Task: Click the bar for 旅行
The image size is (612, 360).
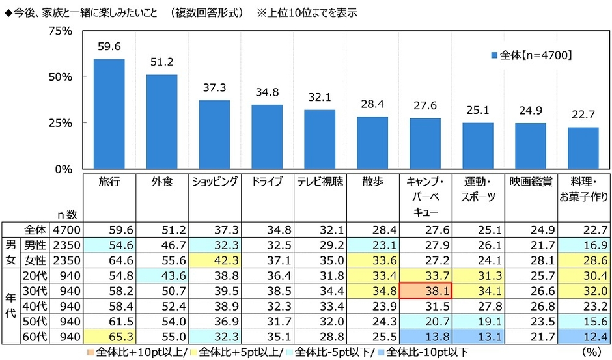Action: point(109,114)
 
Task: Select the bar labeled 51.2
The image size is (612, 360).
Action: point(161,122)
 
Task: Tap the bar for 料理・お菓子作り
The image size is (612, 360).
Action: point(583,148)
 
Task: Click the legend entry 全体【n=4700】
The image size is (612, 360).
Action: point(532,55)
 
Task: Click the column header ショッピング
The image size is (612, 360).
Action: point(214,183)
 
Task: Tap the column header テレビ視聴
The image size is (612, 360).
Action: point(320,183)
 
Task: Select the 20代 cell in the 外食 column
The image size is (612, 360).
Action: point(161,274)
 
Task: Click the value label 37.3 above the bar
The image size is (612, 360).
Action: point(214,88)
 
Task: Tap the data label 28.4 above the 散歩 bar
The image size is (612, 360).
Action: point(372,104)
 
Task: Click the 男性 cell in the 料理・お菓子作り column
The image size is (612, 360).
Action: point(583,245)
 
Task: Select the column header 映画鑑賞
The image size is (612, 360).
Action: point(531,183)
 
